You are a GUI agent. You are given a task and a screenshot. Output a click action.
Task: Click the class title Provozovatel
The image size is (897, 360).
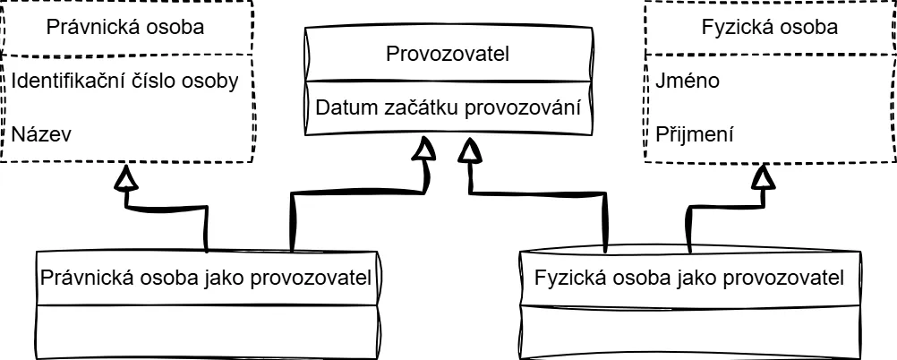tap(447, 54)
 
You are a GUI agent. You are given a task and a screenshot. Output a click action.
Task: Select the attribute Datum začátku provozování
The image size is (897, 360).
tap(447, 108)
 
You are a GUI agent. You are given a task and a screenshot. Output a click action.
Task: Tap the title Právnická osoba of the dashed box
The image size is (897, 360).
tap(124, 27)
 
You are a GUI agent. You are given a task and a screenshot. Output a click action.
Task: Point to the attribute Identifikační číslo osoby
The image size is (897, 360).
tap(124, 81)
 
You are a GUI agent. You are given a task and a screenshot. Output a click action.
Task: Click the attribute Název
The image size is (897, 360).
tap(41, 134)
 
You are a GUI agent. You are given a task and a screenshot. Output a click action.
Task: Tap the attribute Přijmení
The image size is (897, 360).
tap(695, 135)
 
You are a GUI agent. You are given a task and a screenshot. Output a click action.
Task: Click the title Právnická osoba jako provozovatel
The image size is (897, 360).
tap(206, 277)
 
